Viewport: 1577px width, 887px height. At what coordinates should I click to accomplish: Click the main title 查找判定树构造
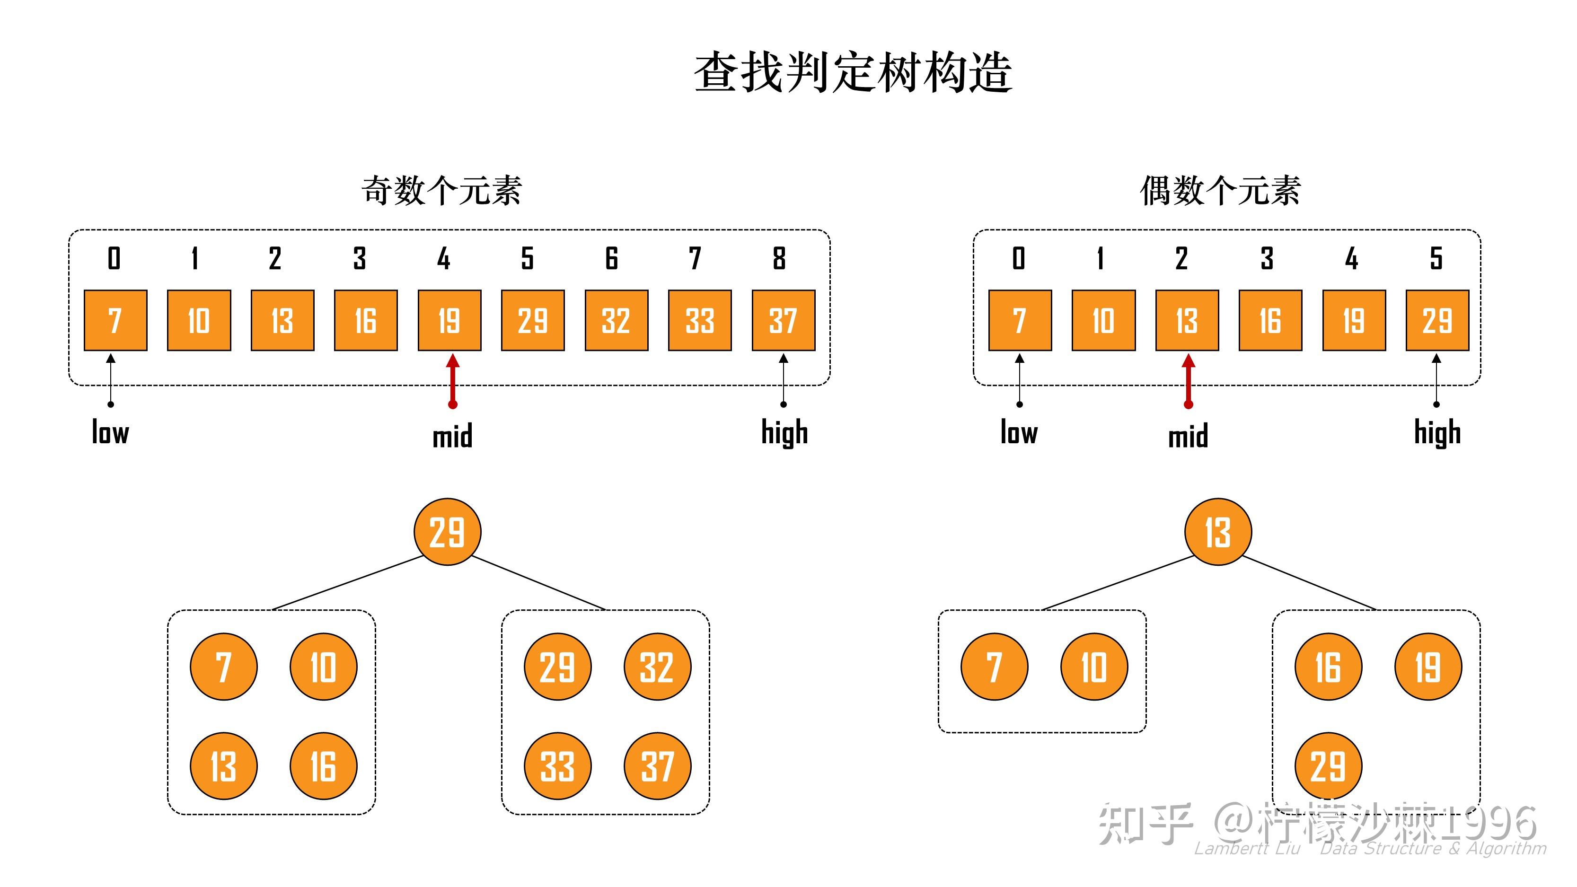point(852,73)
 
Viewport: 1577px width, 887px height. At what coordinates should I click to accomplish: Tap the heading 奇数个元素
point(441,190)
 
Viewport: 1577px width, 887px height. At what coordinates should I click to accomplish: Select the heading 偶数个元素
point(1220,190)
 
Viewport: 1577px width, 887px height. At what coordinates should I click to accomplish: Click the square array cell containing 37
point(783,320)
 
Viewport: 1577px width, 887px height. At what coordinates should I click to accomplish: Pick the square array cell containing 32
point(616,320)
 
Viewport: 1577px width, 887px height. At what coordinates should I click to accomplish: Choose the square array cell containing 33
point(700,320)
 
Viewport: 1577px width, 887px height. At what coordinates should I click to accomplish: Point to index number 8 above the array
point(779,258)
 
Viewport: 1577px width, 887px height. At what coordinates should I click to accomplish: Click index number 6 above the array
point(611,258)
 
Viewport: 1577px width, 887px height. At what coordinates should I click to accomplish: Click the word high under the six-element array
point(1437,433)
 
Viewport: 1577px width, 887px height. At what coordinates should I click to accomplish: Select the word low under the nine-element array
point(110,432)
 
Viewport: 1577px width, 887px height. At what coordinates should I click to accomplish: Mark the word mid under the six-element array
point(1188,437)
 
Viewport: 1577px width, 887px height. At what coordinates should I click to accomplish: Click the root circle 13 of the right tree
point(1218,531)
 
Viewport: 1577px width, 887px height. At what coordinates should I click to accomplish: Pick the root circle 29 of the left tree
point(448,531)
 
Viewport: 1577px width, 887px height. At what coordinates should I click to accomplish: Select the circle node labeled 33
point(558,766)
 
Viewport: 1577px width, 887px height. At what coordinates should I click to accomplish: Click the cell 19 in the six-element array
point(1354,320)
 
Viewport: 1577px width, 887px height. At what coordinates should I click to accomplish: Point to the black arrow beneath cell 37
point(783,379)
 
